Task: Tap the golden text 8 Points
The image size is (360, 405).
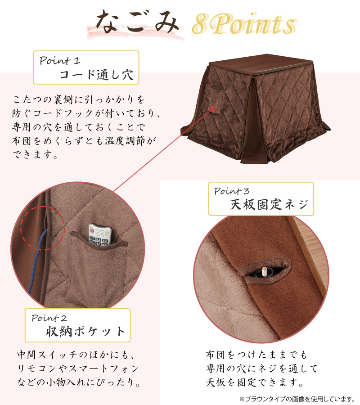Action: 243,24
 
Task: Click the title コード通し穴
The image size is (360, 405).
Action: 97,75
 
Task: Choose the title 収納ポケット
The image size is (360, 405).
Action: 86,332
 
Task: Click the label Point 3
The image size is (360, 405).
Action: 235,191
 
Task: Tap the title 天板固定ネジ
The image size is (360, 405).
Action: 269,205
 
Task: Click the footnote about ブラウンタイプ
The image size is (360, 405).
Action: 297,399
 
